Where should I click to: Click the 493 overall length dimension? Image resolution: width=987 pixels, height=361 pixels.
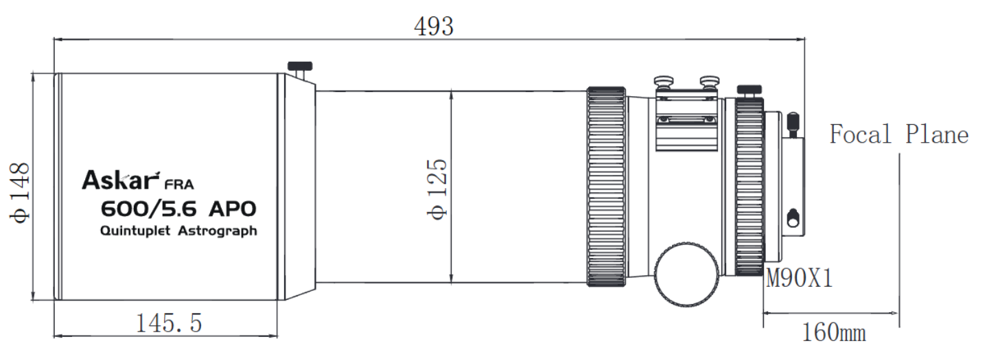434,27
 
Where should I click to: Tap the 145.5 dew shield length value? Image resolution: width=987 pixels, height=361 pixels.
169,323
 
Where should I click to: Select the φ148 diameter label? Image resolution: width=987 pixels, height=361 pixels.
19,193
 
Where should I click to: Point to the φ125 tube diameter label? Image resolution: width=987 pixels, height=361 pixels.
437,189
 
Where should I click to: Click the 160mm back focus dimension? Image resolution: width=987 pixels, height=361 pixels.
833,332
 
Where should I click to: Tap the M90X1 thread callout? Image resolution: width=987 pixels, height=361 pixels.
799,278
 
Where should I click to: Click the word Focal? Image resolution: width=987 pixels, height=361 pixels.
860,134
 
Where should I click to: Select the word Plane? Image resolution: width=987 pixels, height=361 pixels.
937,134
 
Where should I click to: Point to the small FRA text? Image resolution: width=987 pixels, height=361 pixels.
179,184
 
